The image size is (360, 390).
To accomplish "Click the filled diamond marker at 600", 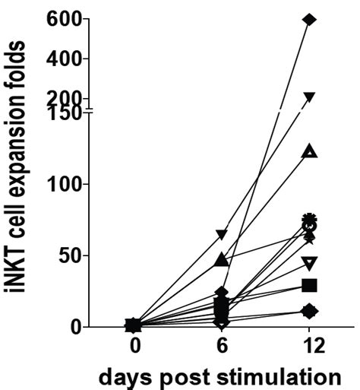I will tap(309, 19).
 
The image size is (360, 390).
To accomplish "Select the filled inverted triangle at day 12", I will tap(309, 97).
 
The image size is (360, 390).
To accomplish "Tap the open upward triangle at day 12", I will tap(309, 151).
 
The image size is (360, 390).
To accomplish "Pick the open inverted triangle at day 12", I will tap(309, 263).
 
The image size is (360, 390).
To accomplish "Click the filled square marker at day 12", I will tap(309, 285).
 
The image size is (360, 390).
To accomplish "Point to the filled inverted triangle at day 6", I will tap(221, 234).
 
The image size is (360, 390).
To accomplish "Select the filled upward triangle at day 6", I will tap(221, 260).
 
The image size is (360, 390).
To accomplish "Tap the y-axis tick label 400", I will tap(69, 59).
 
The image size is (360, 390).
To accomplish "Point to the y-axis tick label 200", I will tap(69, 97).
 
